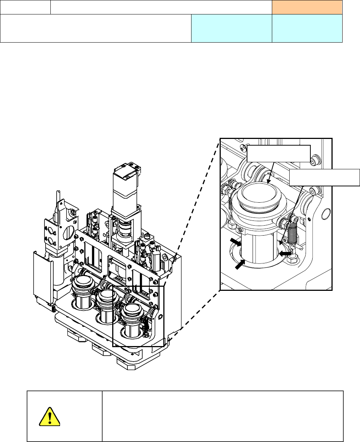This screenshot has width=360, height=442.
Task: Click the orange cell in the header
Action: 307,7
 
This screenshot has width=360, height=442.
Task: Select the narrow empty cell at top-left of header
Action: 25,7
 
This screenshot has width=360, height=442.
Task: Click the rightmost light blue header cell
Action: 307,28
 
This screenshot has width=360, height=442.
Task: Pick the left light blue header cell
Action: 231,28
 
